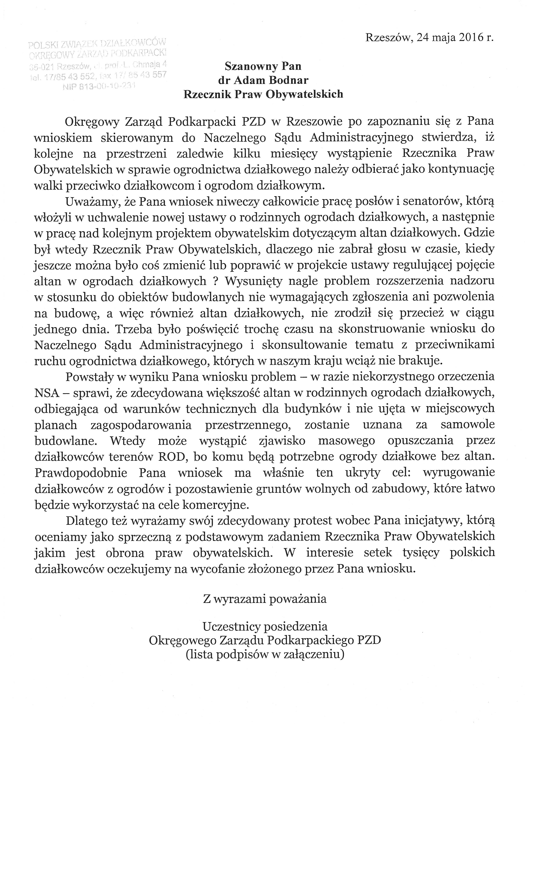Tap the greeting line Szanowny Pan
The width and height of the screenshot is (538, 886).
(263, 66)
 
